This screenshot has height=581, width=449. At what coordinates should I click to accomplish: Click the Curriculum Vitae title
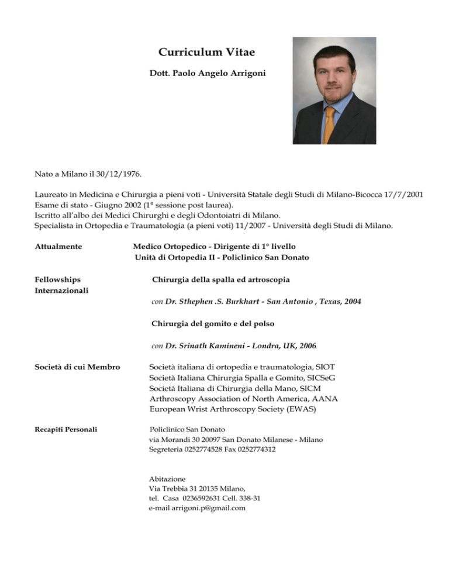(207, 53)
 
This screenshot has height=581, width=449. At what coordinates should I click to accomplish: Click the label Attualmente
(61, 247)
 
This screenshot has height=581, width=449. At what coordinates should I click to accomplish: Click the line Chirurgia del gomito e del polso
(213, 323)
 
